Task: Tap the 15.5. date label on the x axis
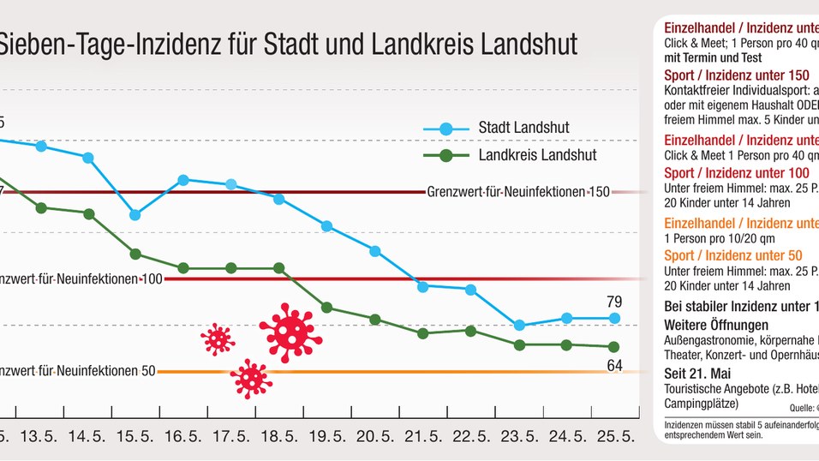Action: coord(135,436)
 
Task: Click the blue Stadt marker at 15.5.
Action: coord(135,215)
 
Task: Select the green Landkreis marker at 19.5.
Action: coord(326,307)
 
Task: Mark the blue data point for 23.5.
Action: coord(518,326)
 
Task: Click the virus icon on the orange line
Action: coord(250,377)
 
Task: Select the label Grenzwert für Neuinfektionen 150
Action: coord(517,192)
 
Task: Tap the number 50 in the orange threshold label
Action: coord(148,372)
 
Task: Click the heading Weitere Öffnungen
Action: coord(716,326)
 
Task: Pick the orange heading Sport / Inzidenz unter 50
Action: coord(733,255)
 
